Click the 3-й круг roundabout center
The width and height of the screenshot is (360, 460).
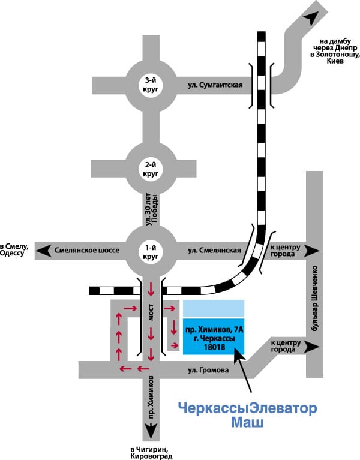click(151, 85)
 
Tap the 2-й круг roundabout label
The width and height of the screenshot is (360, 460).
click(151, 169)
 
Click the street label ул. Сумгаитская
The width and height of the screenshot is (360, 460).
click(215, 85)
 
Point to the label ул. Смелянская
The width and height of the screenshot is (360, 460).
click(214, 251)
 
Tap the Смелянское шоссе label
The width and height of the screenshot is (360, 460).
click(87, 251)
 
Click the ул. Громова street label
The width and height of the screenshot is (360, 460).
click(208, 370)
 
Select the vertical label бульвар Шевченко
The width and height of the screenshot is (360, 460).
click(315, 298)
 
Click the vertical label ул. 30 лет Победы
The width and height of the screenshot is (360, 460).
click(152, 209)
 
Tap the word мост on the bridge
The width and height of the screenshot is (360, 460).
click(151, 312)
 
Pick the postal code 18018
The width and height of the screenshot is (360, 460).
click(214, 347)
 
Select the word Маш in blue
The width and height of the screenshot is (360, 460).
click(247, 423)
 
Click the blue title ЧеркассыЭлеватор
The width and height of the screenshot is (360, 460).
click(248, 408)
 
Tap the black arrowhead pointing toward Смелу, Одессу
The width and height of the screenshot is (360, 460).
click(43, 251)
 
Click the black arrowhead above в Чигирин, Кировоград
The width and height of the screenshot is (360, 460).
click(151, 431)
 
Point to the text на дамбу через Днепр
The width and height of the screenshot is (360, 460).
click(335, 44)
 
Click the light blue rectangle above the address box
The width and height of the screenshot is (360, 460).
click(214, 308)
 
